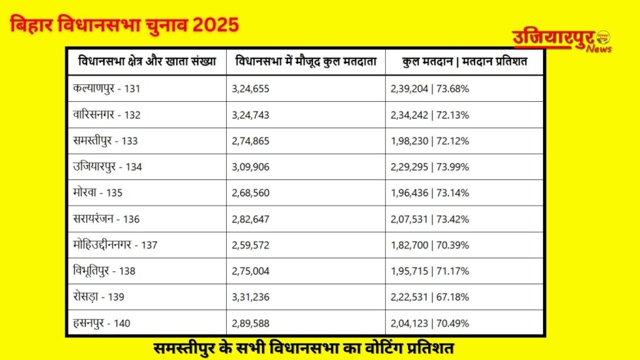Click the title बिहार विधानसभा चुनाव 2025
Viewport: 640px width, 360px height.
(124, 26)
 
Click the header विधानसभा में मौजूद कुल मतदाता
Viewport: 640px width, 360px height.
(306, 62)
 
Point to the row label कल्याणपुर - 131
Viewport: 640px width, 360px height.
(107, 89)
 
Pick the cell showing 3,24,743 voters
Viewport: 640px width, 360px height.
(251, 115)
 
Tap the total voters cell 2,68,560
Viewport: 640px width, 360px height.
(251, 193)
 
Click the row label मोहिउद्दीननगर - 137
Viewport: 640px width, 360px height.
(115, 245)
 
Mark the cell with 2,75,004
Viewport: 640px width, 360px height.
(251, 271)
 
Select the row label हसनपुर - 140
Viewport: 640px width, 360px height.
(102, 323)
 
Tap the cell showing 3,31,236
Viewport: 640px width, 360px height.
(251, 297)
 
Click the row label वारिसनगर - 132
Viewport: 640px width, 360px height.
(107, 115)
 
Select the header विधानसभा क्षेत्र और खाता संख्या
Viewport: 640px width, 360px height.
(147, 62)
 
